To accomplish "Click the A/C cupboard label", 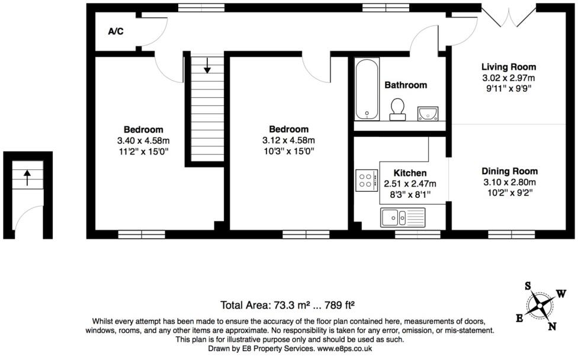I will click(x=115, y=31).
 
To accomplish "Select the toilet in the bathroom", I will click(x=397, y=108).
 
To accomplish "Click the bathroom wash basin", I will click(x=428, y=112).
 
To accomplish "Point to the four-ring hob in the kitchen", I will click(x=365, y=180).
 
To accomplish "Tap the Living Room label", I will click(x=508, y=67).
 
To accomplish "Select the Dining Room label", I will click(x=509, y=171).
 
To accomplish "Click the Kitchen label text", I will click(x=410, y=173).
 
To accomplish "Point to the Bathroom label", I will click(x=406, y=85).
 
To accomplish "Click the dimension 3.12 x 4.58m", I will click(x=289, y=140).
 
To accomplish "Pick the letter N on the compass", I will click(x=552, y=326).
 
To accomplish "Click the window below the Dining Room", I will click(x=511, y=234).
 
